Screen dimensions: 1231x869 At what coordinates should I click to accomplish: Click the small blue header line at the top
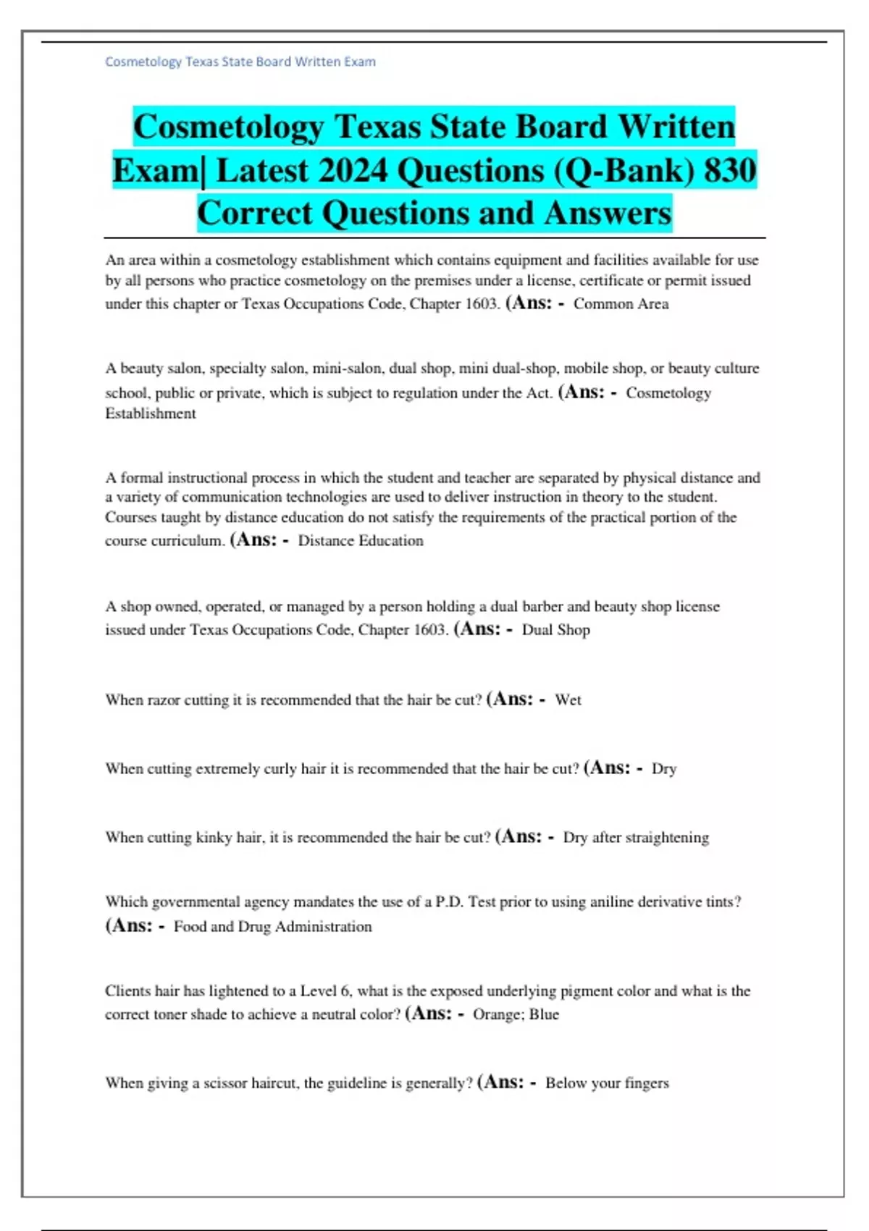point(240,62)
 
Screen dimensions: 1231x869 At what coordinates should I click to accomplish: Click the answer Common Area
point(621,304)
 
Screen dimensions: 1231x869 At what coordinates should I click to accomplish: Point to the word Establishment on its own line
point(151,413)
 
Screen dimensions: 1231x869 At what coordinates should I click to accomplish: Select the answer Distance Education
point(361,541)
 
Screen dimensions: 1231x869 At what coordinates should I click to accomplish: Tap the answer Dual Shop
point(555,630)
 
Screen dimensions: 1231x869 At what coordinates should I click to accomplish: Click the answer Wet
point(568,700)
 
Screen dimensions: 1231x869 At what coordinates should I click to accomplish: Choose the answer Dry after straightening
point(636,838)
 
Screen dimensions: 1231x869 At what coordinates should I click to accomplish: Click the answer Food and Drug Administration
point(272,927)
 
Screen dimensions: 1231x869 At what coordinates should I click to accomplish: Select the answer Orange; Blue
point(516,1014)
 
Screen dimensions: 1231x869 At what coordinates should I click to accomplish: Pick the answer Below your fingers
point(607,1083)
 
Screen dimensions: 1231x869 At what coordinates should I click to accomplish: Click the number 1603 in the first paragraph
point(481,304)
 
